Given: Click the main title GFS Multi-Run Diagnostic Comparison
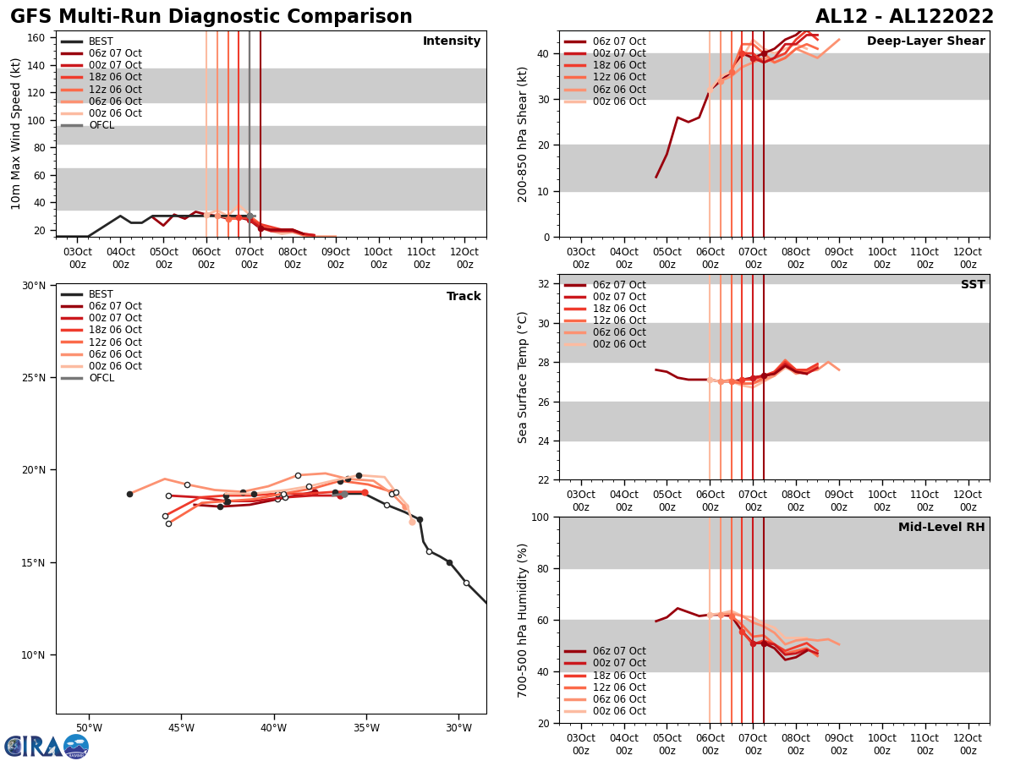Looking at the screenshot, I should click(x=211, y=17).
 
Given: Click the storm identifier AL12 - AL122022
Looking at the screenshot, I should click(x=904, y=17).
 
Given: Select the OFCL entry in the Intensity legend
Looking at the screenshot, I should click(x=101, y=125).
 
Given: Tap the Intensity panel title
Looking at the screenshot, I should click(x=452, y=41).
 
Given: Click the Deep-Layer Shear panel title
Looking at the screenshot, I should click(x=925, y=41).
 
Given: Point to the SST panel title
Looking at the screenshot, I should click(x=973, y=285).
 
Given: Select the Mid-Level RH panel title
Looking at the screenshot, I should click(x=941, y=528).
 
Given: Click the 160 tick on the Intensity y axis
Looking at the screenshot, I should click(x=37, y=38).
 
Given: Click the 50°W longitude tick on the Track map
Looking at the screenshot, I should click(x=89, y=728).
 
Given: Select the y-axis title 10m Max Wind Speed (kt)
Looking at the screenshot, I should click(x=16, y=134).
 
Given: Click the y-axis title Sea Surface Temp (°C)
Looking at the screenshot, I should click(x=523, y=377).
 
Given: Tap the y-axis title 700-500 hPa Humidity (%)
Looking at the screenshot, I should click(x=523, y=620).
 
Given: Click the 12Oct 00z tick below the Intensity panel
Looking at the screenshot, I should click(x=464, y=258).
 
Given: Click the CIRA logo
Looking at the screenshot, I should click(x=46, y=746).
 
